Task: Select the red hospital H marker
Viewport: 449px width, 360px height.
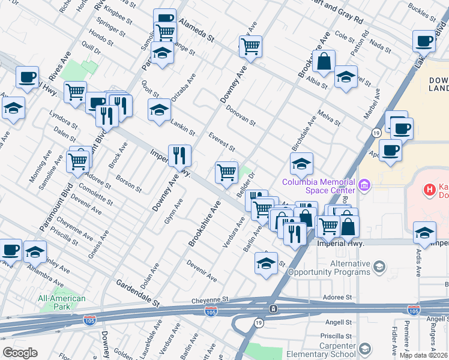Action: tap(429, 190)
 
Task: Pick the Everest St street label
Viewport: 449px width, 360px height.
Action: tap(221, 142)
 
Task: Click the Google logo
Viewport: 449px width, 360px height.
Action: tap(20, 353)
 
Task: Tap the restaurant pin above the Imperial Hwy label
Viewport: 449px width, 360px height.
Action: tap(179, 155)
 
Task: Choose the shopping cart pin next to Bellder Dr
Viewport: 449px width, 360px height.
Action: tap(226, 172)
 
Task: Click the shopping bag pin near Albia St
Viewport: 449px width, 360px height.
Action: tap(324, 61)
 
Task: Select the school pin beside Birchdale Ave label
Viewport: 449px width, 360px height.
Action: tap(301, 163)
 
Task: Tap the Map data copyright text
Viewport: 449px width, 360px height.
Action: tap(424, 355)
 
